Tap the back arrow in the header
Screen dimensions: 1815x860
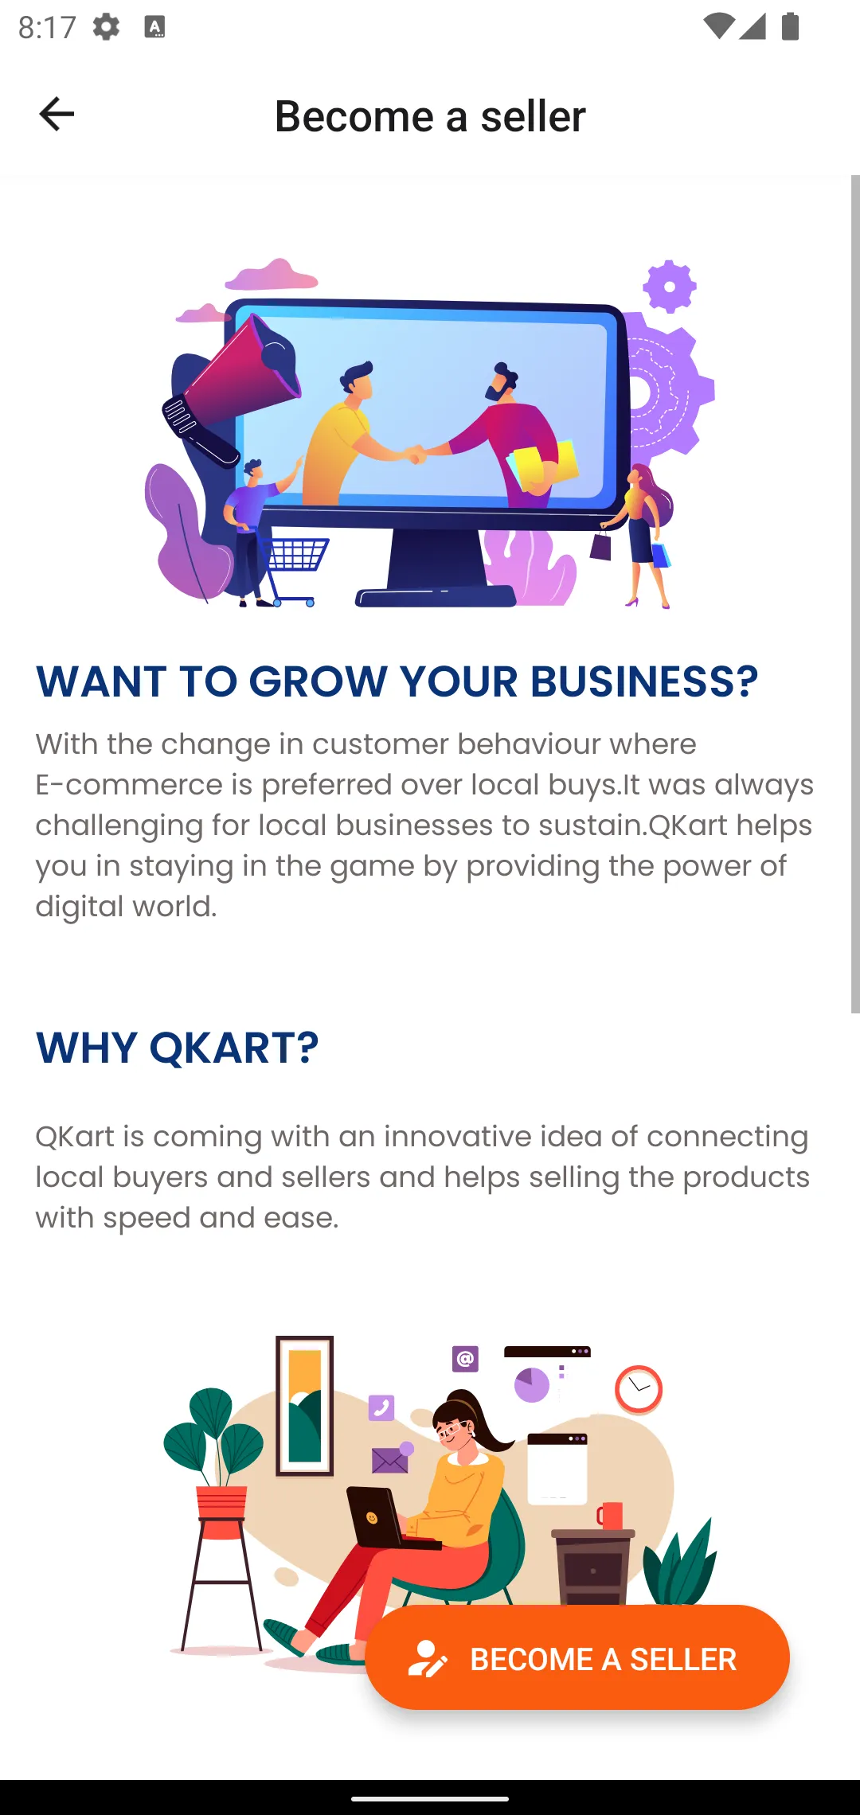click(57, 114)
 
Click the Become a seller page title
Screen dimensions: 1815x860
click(430, 116)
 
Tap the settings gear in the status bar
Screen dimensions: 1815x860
click(106, 27)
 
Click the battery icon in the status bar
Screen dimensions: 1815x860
click(790, 26)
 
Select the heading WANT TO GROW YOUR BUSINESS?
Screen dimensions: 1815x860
click(397, 681)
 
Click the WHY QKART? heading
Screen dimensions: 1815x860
click(177, 1048)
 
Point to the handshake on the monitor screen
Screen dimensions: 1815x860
click(414, 455)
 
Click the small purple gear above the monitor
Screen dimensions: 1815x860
click(669, 286)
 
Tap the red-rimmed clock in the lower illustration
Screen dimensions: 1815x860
click(639, 1389)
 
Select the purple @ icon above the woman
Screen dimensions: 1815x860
click(465, 1358)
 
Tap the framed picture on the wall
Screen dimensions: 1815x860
click(304, 1406)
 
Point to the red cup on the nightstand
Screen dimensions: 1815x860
click(611, 1516)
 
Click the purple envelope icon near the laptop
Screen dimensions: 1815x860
click(390, 1459)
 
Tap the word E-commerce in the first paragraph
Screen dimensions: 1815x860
click(129, 785)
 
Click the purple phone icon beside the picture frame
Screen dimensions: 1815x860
click(381, 1407)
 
